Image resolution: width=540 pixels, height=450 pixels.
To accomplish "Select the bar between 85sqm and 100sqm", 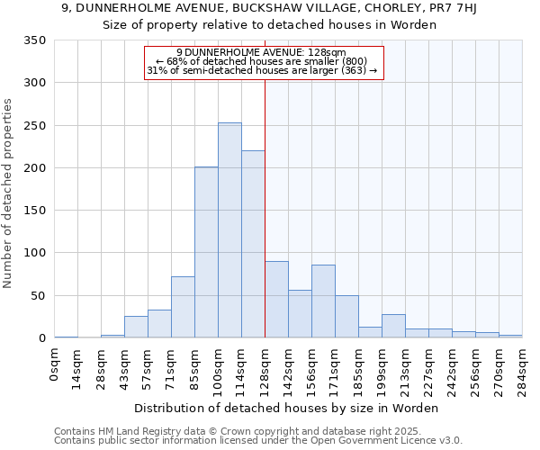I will (x=206, y=253).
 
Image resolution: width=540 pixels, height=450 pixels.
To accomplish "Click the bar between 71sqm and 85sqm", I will (x=183, y=307).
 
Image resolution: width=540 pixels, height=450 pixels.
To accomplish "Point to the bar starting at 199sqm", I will (x=393, y=327).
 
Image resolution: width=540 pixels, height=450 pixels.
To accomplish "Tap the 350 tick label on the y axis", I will (x=35, y=40).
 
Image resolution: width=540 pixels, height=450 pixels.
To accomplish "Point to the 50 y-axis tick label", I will (x=39, y=296).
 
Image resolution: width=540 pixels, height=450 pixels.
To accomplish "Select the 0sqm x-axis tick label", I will (x=55, y=364).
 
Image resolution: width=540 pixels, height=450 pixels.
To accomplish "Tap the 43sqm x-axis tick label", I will (x=124, y=366).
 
